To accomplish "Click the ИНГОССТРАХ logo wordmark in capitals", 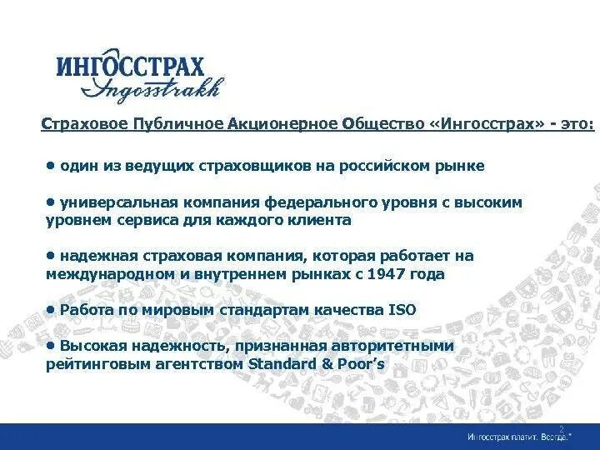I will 130,66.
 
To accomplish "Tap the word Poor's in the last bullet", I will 360,364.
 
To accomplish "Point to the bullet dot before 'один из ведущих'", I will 51,164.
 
